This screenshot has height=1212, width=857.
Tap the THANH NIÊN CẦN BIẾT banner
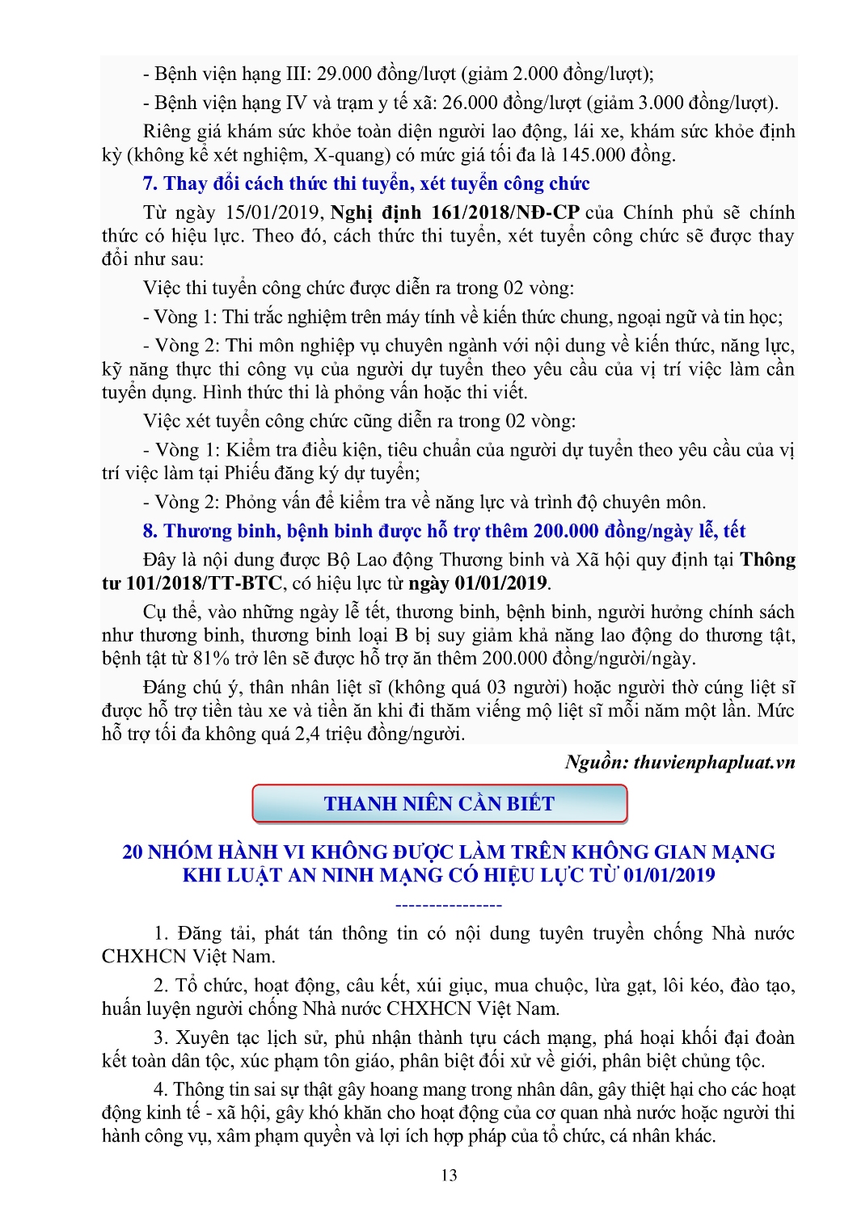[439, 804]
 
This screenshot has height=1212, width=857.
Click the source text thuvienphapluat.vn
[715, 762]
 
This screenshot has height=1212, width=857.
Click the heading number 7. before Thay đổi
[150, 183]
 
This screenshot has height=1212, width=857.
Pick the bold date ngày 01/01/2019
[478, 583]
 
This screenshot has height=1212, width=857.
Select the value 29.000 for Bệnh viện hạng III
[347, 74]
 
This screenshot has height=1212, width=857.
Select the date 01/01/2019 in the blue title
[669, 875]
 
